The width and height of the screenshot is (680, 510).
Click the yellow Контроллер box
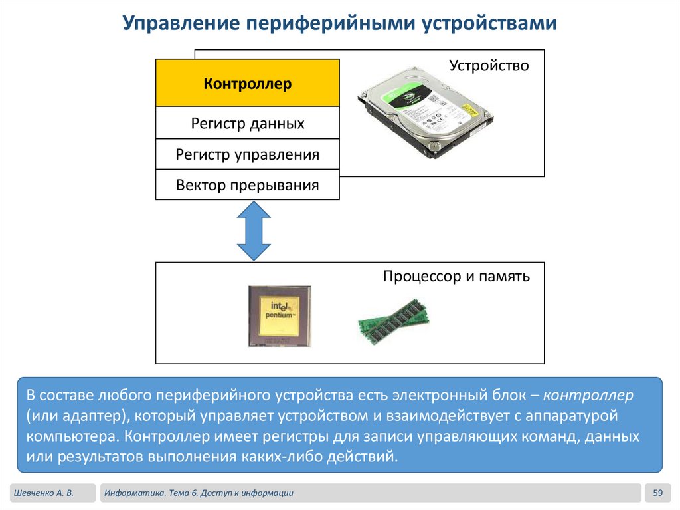(x=247, y=84)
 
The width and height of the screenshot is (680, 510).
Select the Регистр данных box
(x=247, y=123)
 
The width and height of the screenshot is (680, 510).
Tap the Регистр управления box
(x=247, y=155)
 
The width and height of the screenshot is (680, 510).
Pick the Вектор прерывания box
(x=247, y=186)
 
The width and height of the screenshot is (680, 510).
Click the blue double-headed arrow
(x=254, y=231)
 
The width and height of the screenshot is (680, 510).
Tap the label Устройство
(x=489, y=66)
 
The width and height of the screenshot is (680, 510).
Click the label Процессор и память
(x=456, y=277)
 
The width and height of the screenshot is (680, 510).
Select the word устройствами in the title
(x=488, y=24)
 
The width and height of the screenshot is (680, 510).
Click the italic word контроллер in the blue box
(x=588, y=396)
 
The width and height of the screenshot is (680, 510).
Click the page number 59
(x=658, y=493)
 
